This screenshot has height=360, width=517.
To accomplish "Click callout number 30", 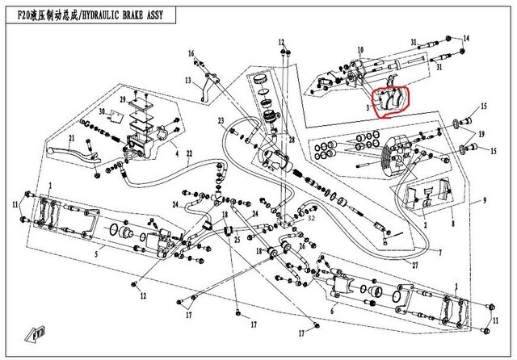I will coord(102,111).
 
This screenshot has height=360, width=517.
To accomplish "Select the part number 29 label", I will coord(123,99).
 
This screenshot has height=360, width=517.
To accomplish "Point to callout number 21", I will coord(71,139).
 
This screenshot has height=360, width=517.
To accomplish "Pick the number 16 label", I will coord(192,53).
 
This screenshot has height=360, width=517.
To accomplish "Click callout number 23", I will coord(219,120).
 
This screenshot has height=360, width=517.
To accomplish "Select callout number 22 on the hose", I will coord(190,153).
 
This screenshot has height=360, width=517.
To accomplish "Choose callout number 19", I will coord(482,133).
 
